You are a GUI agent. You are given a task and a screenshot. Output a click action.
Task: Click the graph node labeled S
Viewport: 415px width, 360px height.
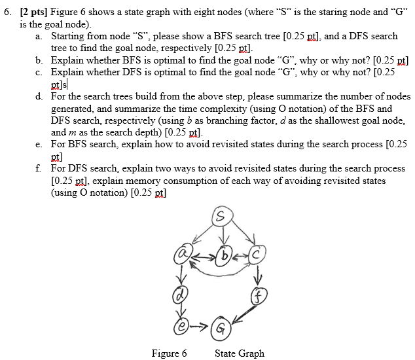tap(224, 216)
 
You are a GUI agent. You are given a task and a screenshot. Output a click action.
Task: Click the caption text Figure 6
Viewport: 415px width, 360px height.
tap(169, 353)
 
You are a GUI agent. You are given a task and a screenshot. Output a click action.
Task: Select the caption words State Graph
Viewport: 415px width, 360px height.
tap(240, 353)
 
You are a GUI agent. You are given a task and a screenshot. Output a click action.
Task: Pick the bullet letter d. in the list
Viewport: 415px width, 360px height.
tap(41, 97)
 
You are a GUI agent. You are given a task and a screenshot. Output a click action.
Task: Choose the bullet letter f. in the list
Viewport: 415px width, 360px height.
tap(40, 168)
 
